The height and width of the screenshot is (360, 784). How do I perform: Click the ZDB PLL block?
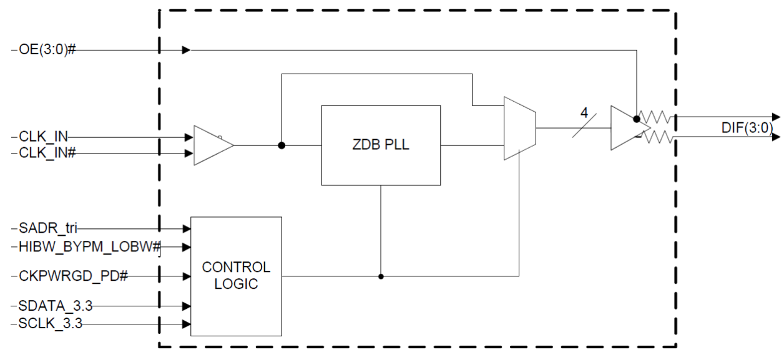click(x=380, y=145)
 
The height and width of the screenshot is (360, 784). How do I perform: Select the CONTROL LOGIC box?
click(x=236, y=276)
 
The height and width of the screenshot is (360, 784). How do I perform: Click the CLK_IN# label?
click(x=45, y=152)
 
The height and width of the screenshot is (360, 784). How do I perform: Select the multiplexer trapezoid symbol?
click(x=519, y=129)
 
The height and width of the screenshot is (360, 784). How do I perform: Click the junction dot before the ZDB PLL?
click(x=282, y=145)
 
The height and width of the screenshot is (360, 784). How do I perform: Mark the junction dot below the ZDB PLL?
click(x=380, y=276)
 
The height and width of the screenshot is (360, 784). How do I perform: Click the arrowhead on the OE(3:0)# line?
click(x=186, y=51)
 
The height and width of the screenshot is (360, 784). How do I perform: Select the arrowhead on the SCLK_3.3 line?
click(x=186, y=324)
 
